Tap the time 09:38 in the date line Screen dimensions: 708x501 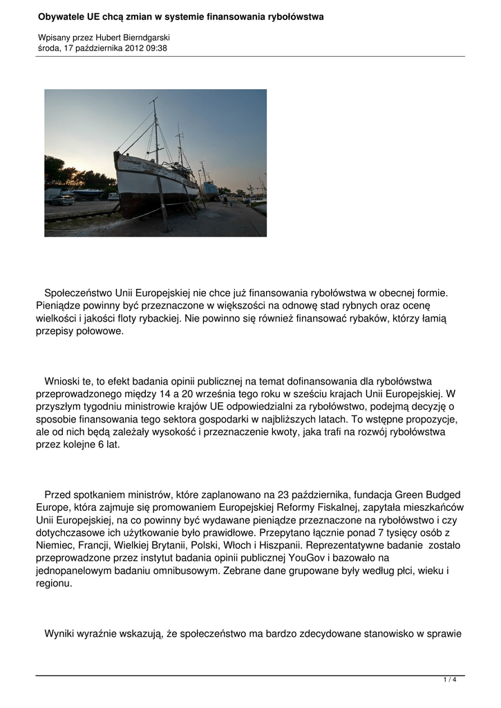tap(156, 48)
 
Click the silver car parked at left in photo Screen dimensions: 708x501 tap(62, 200)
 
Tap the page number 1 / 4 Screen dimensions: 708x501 tap(450, 680)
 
